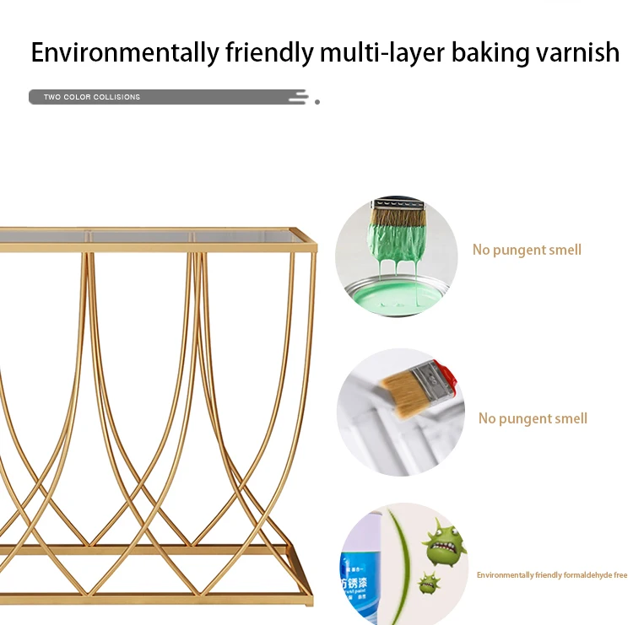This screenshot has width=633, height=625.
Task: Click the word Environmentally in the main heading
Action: click(124, 52)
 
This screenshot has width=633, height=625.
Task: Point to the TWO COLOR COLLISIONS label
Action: click(92, 97)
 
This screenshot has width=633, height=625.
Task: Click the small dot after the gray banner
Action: click(317, 101)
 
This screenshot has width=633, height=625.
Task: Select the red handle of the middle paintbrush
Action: click(446, 377)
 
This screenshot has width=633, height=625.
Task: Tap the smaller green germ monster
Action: click(429, 582)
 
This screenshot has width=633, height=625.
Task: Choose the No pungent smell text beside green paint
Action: click(527, 250)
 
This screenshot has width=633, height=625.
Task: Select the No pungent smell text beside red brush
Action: click(533, 418)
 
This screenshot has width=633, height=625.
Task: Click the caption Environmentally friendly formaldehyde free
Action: click(552, 575)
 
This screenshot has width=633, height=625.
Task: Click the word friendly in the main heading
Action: click(269, 52)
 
